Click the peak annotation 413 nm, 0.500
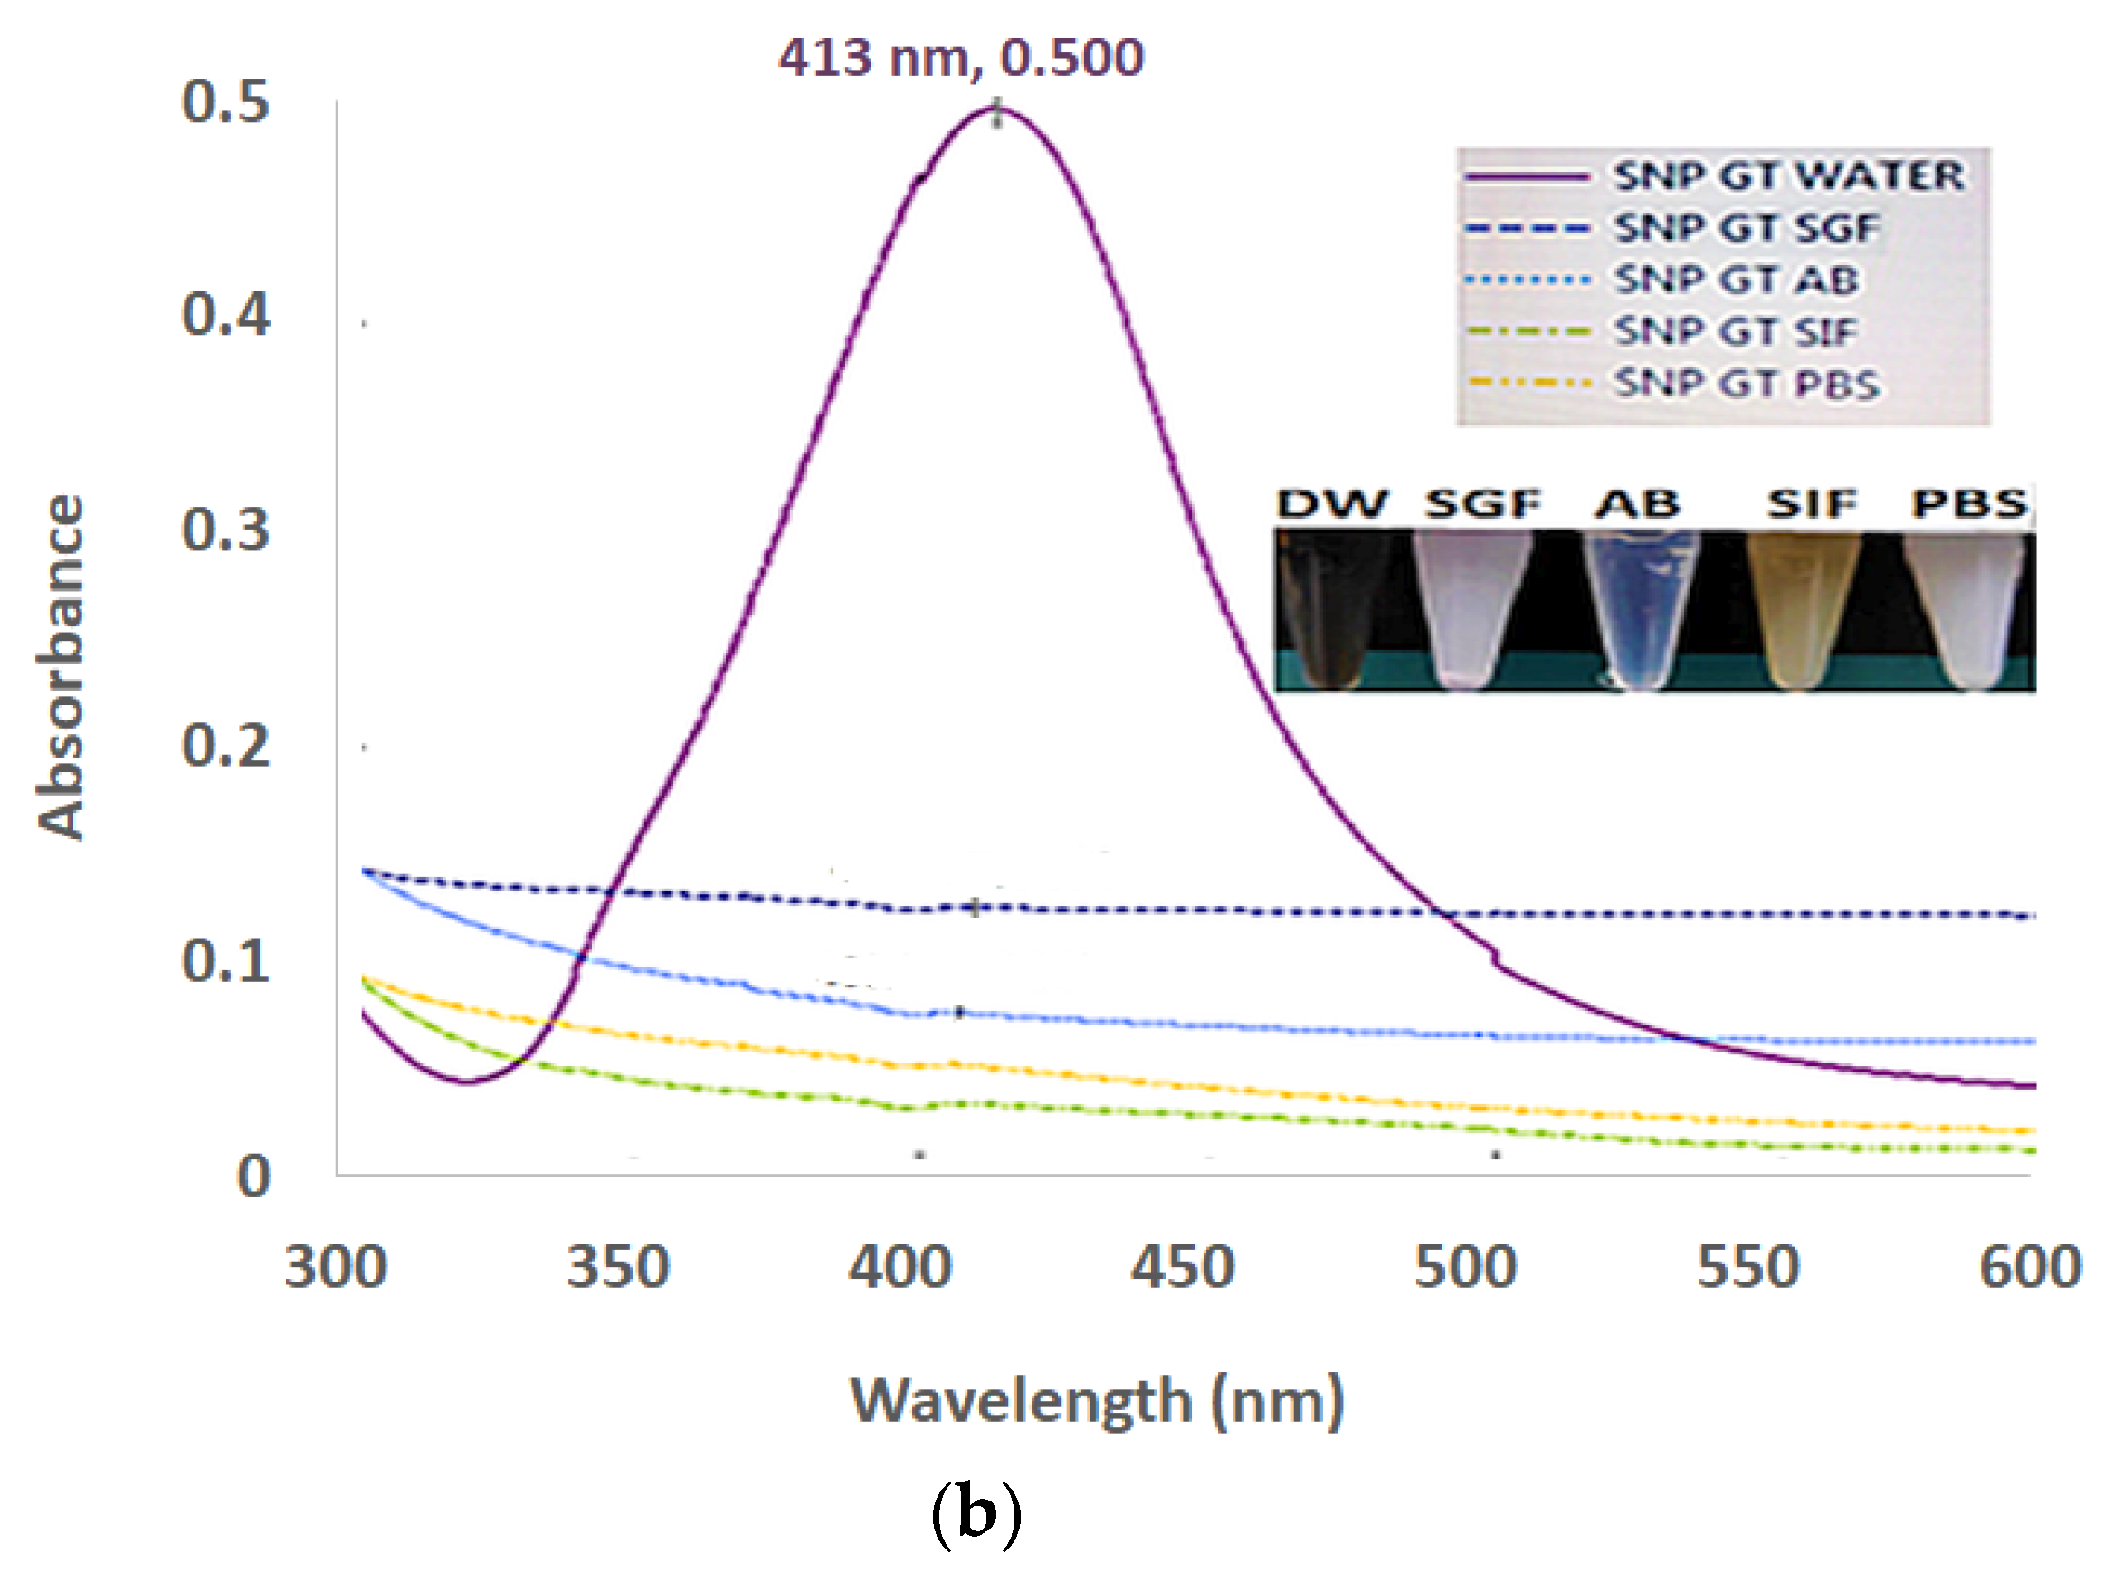click(x=961, y=58)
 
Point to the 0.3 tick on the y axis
click(x=225, y=529)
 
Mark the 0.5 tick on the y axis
click(x=225, y=101)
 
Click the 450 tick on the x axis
click(x=1182, y=1268)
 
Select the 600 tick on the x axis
click(x=2030, y=1268)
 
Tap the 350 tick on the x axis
click(x=618, y=1268)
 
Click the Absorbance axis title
click(x=62, y=666)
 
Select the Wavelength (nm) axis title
click(x=1097, y=1402)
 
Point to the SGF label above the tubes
click(x=1481, y=504)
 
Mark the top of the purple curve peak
click(x=995, y=110)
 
